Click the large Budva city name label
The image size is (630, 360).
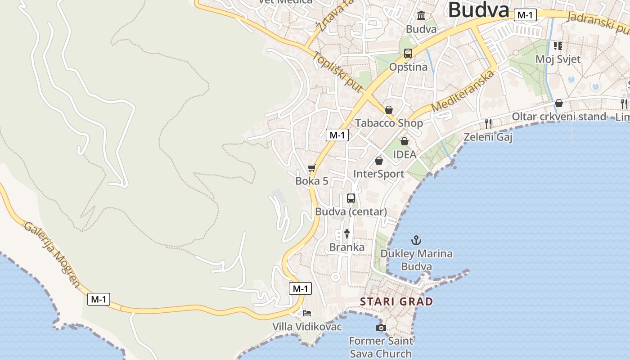(x=478, y=10)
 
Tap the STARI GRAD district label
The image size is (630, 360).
(x=396, y=301)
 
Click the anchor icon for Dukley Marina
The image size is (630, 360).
(x=416, y=240)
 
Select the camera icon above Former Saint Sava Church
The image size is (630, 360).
(x=381, y=328)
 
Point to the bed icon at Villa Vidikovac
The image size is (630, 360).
(x=307, y=313)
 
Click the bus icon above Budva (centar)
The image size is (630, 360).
(x=351, y=198)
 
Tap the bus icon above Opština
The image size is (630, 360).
(x=408, y=54)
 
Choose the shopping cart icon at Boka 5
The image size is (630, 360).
(x=312, y=168)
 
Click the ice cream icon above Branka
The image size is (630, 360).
(x=347, y=234)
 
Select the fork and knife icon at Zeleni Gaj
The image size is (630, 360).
(x=488, y=123)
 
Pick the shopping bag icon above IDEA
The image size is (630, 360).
(x=405, y=141)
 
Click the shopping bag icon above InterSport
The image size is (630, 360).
(x=379, y=161)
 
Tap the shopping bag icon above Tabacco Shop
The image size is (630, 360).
(x=389, y=110)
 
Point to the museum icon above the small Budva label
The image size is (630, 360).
(x=421, y=16)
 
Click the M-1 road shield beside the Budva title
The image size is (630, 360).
(x=525, y=15)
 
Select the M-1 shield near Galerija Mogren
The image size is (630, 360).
(x=99, y=299)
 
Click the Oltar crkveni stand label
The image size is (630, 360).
(x=559, y=117)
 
